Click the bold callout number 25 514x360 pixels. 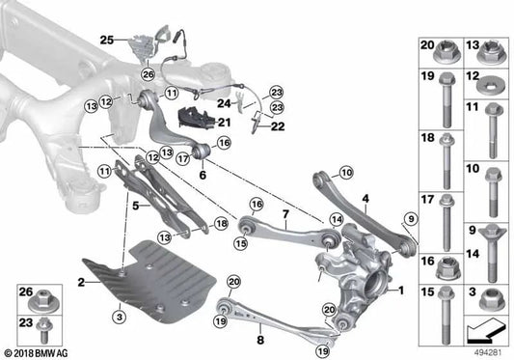click(x=107, y=40)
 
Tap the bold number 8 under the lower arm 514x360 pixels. click(x=260, y=339)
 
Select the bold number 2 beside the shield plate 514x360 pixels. click(x=82, y=281)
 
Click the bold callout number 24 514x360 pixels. click(x=221, y=100)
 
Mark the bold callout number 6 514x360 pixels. click(x=203, y=176)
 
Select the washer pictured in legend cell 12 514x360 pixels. click(x=486, y=79)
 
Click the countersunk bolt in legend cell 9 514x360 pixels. click(x=486, y=238)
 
